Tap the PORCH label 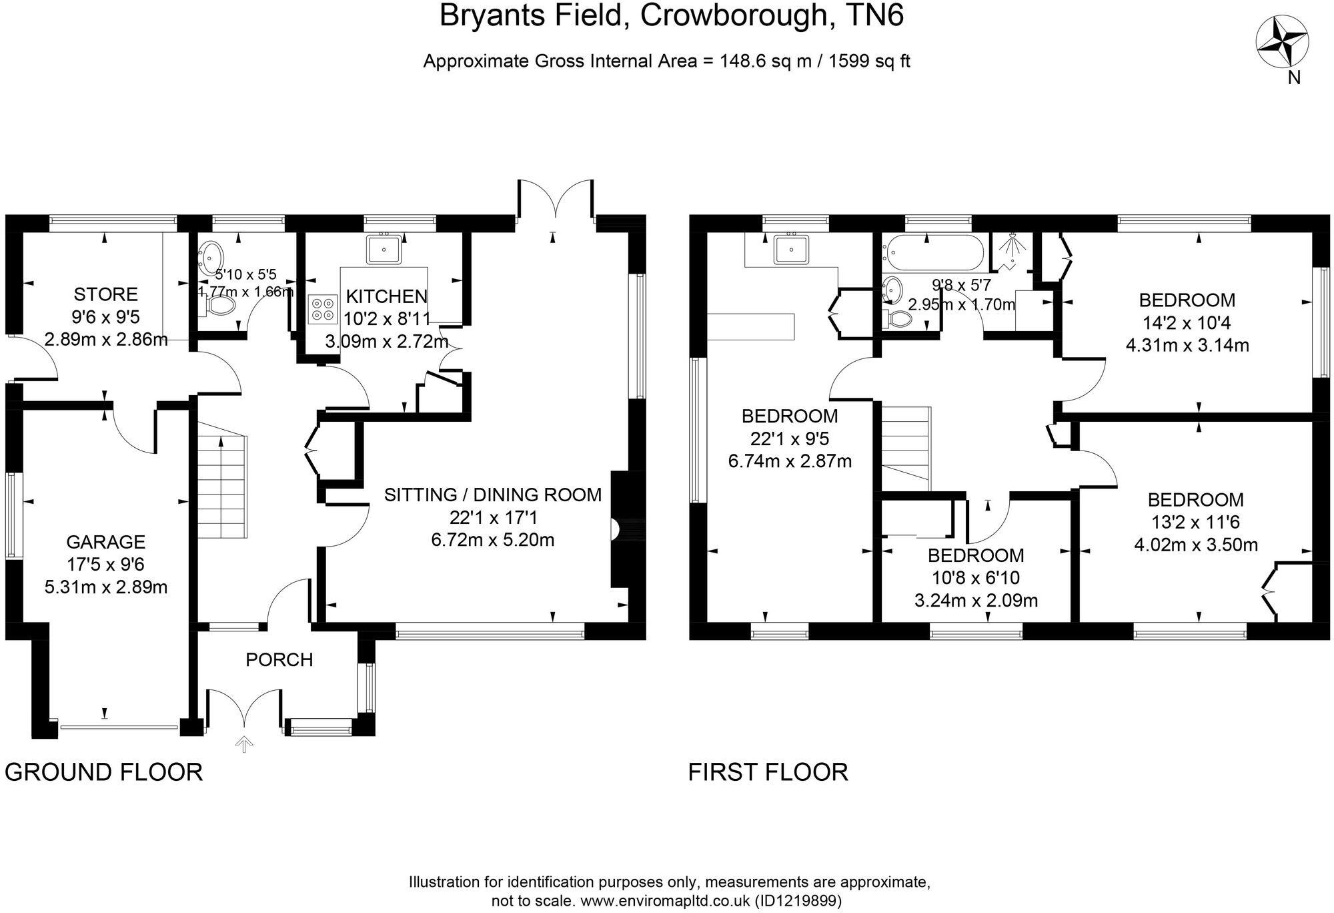(279, 660)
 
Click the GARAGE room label (105, 542)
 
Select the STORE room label (105, 294)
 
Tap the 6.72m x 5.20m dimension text (493, 539)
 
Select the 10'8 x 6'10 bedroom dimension (976, 578)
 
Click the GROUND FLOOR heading (103, 772)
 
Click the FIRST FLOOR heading (768, 772)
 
